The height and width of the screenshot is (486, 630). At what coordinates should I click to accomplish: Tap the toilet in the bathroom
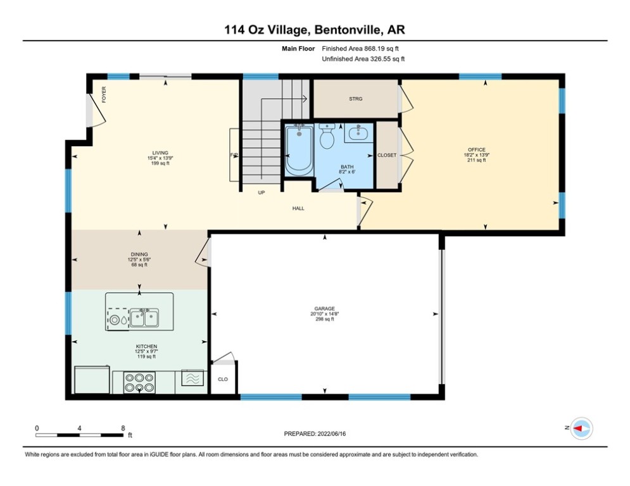tap(327, 137)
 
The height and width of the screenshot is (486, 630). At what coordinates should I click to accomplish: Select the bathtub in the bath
tap(298, 150)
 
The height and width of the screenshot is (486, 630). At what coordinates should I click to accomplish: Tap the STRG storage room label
tap(355, 99)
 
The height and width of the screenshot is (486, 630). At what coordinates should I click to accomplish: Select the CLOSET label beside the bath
tap(386, 155)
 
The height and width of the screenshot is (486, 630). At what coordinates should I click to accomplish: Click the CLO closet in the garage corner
tap(222, 380)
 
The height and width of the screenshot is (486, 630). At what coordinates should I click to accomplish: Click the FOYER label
tap(104, 94)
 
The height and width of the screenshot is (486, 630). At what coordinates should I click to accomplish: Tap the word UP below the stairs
tap(261, 192)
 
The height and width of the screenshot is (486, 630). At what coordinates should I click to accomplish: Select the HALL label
tap(298, 208)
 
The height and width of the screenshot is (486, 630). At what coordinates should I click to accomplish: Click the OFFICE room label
tap(476, 150)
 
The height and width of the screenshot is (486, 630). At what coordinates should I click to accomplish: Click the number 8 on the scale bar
tap(122, 428)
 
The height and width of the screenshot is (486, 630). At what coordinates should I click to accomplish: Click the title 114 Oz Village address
tap(315, 30)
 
